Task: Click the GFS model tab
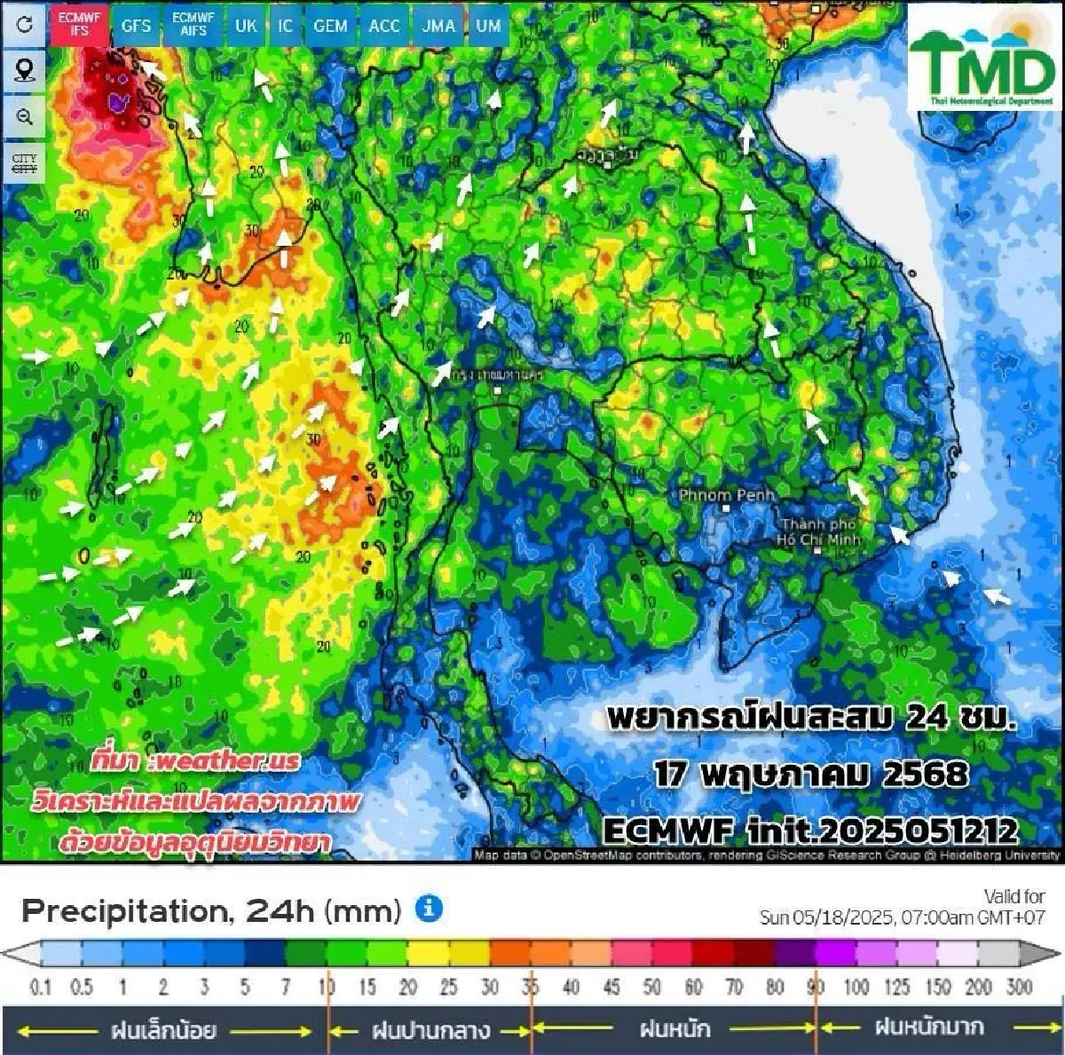136,26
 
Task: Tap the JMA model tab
438,26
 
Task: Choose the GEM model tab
330,26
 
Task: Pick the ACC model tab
384,26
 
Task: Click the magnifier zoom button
24,117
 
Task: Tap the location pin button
24,70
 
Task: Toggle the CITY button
24,163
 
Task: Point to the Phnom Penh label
727,495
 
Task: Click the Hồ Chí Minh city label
818,532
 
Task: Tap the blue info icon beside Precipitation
429,909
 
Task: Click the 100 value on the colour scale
856,987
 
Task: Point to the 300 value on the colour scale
1019,987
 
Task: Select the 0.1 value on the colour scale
41,987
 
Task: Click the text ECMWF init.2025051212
809,831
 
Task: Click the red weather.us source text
195,761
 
